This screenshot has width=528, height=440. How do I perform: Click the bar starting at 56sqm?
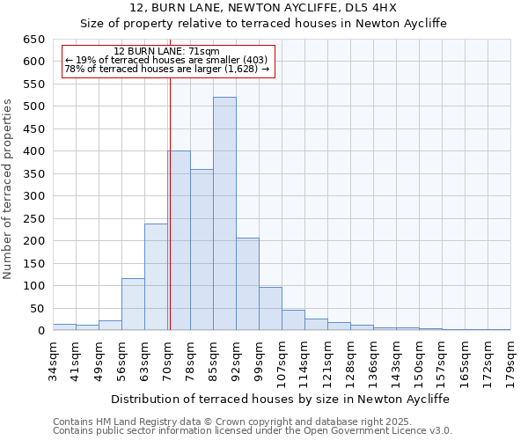(133, 304)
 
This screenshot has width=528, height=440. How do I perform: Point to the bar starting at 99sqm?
(270, 309)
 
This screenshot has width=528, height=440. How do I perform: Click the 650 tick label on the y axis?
(33, 40)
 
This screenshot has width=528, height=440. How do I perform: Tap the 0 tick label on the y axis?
(40, 331)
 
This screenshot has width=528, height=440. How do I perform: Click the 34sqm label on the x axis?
(53, 359)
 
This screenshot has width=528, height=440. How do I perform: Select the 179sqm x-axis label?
(510, 359)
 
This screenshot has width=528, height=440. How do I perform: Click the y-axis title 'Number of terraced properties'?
(9, 188)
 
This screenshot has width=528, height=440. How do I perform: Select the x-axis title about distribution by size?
(282, 399)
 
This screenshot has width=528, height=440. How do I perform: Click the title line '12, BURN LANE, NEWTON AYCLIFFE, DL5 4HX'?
(264, 8)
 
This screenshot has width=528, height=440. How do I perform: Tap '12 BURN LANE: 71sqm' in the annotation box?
(167, 52)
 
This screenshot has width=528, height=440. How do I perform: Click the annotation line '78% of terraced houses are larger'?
(167, 69)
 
